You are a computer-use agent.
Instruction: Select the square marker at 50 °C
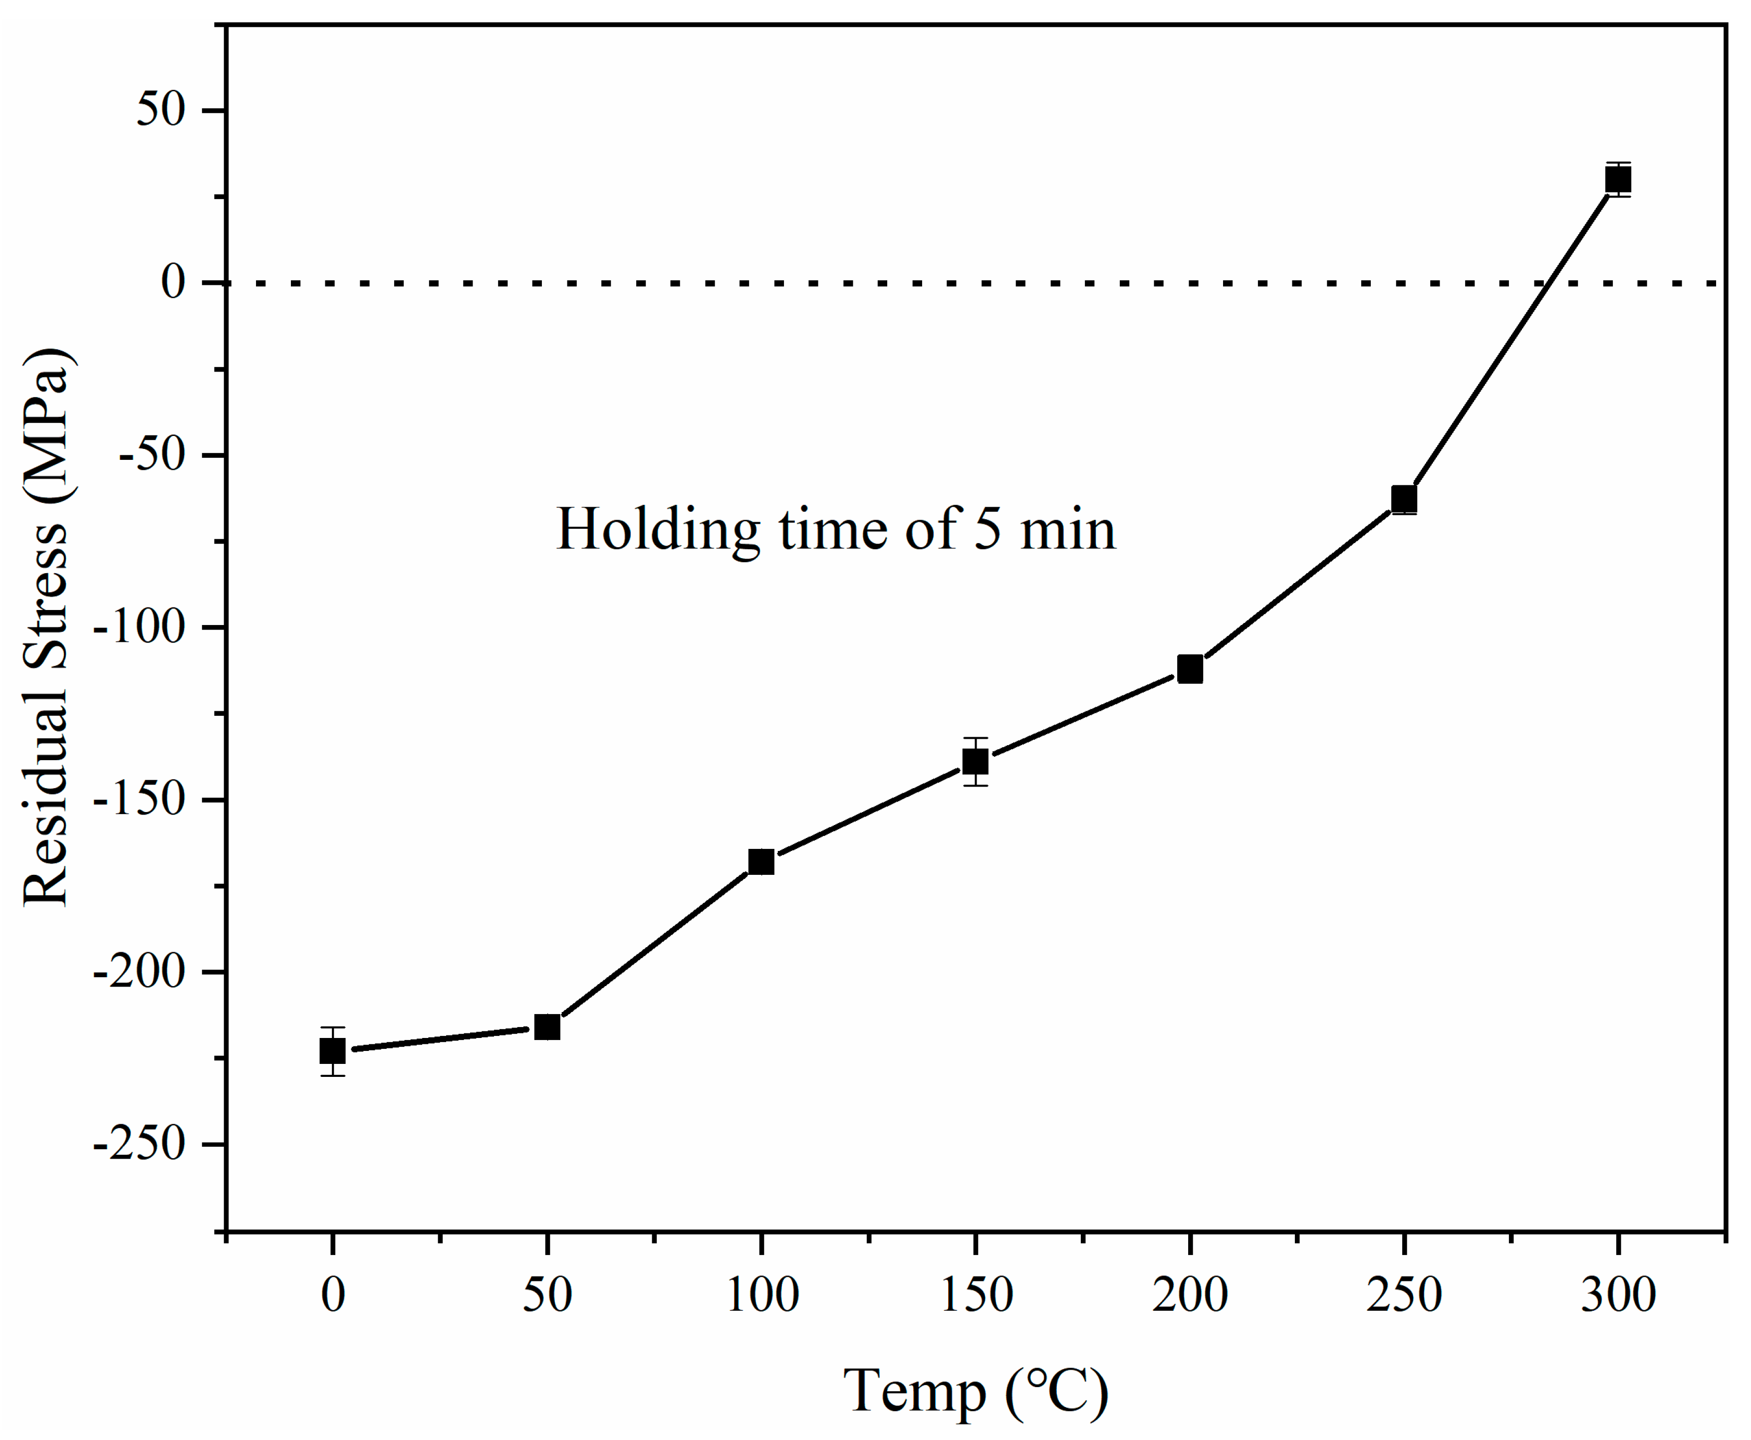[547, 1027]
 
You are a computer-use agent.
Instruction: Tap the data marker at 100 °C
[761, 862]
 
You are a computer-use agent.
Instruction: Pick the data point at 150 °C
[975, 761]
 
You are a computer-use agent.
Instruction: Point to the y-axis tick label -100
[139, 628]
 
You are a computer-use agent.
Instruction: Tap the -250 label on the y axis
[139, 1145]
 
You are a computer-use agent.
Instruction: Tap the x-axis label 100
[761, 1295]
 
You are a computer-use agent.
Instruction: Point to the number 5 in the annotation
[988, 528]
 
